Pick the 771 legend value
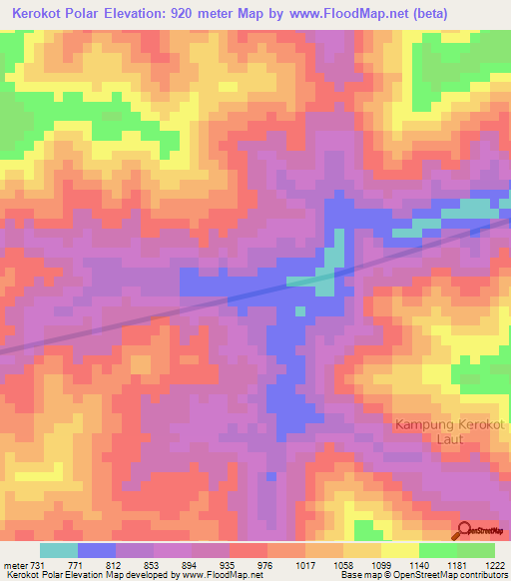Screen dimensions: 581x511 pyautogui.click(x=76, y=565)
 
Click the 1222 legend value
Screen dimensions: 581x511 pyautogui.click(x=495, y=565)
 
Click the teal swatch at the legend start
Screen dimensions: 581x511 pyautogui.click(x=58, y=550)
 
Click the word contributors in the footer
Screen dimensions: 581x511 pyautogui.click(x=483, y=576)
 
